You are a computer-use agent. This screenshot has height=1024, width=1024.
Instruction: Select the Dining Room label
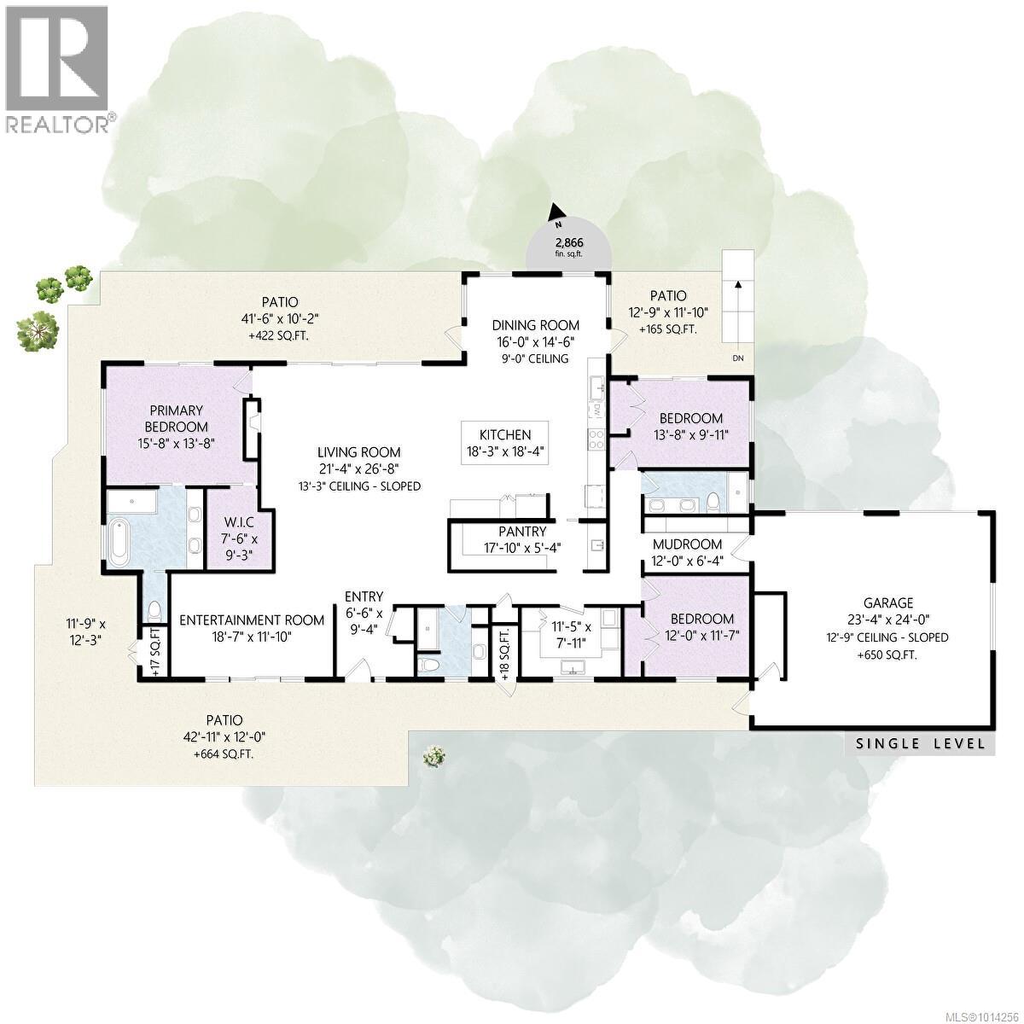pos(535,325)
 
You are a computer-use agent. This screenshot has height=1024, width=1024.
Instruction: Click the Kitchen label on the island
pos(504,435)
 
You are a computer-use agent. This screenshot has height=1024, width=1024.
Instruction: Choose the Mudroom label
pos(687,544)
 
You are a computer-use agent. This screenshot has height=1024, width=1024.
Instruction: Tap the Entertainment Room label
pos(251,620)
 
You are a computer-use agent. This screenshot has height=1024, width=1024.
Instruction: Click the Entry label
pos(364,596)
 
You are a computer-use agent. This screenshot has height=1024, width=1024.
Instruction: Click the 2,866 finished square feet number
pos(567,242)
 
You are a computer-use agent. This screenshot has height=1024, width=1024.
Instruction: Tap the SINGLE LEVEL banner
pos(921,744)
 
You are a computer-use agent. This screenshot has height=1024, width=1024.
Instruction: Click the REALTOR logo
pos(57,68)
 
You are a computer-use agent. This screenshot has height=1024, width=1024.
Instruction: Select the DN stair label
pos(738,358)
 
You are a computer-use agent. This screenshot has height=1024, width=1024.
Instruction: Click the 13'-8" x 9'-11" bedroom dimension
pos(691,436)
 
